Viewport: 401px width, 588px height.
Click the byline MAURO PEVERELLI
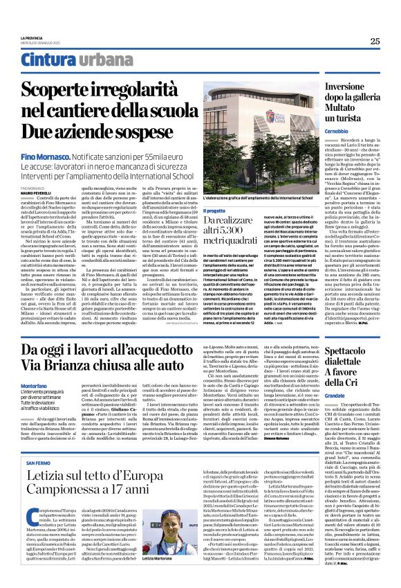point(38,192)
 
